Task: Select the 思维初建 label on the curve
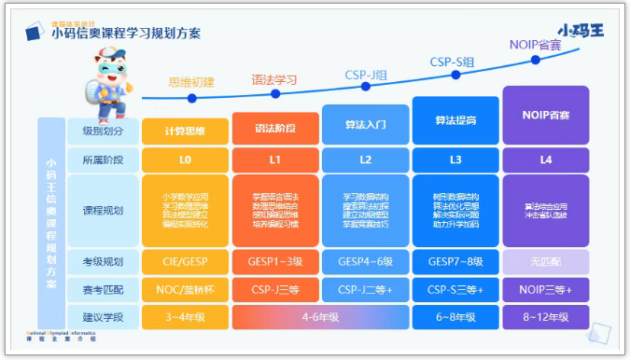tap(191, 82)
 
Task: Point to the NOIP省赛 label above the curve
tap(536, 44)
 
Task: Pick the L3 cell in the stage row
tap(455, 160)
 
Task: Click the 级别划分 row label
tap(103, 130)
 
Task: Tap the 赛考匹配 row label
tap(103, 291)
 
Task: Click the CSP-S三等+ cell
tap(455, 291)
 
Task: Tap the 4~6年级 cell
tap(320, 318)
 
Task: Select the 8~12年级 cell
tap(546, 318)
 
